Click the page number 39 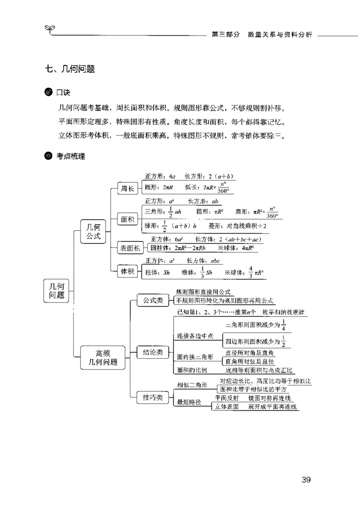tap(306, 479)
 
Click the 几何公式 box tap(94, 231)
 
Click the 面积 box tap(128, 220)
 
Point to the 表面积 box tap(130, 247)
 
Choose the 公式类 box tap(153, 300)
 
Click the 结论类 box tap(153, 352)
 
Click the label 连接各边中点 tap(195, 336)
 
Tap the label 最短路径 tap(189, 402)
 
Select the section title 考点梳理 tap(71, 156)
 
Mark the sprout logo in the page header tap(49, 30)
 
